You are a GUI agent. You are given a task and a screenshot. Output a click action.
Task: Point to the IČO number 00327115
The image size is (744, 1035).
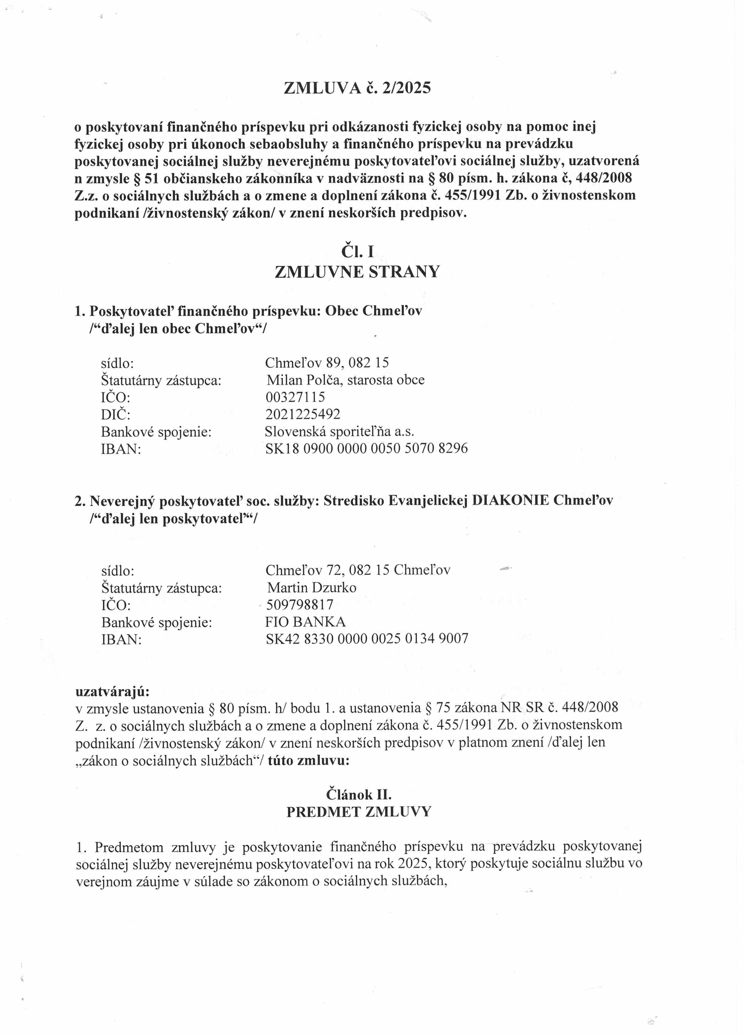[x=295, y=397]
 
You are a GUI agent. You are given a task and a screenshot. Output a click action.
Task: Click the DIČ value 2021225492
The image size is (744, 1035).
[x=303, y=414]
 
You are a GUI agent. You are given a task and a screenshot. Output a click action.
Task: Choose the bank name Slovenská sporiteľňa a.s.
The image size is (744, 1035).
[x=339, y=431]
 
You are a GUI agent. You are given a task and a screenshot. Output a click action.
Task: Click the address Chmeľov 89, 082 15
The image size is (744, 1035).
[x=327, y=362]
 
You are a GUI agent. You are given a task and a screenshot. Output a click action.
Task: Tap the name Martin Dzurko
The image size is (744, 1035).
[x=312, y=587]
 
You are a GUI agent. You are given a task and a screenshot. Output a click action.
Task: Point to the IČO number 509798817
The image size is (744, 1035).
[x=299, y=605]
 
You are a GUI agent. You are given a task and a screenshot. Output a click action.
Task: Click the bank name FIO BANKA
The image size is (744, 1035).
[x=305, y=622]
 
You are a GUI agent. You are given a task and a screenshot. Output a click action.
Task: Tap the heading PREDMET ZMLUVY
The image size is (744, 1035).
[x=359, y=812]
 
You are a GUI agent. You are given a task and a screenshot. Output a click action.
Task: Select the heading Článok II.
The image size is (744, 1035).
[x=359, y=794]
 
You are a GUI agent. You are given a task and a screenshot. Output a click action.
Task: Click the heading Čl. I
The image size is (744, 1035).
[x=357, y=251]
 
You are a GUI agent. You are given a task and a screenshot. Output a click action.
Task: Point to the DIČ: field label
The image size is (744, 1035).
[x=115, y=414]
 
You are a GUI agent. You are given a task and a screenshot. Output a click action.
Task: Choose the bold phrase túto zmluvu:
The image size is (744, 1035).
[x=309, y=761]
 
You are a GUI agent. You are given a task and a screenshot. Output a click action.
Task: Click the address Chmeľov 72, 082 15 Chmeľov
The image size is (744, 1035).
[x=358, y=570]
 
